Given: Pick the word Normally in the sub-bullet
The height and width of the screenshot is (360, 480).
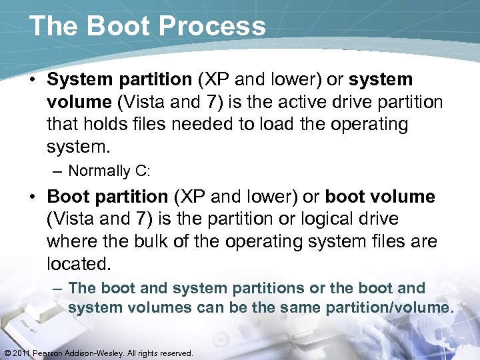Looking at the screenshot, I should click(99, 171).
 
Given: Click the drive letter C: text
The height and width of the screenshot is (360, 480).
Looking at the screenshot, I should click(143, 171).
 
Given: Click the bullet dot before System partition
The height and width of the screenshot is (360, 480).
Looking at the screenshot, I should click(34, 80).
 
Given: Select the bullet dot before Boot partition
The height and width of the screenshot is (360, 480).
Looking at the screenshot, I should click(34, 197).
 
